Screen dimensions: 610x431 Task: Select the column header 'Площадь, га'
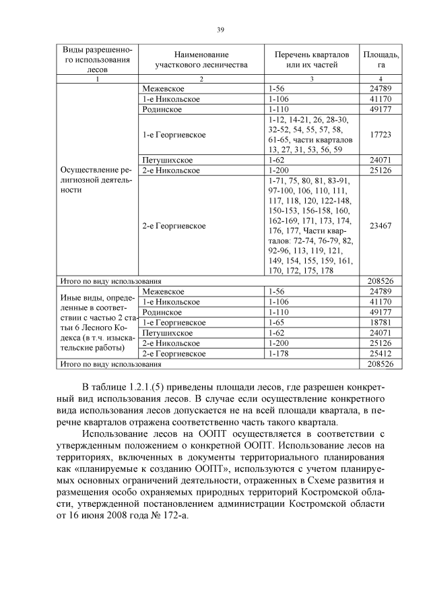click(380, 59)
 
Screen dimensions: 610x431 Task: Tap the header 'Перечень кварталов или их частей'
click(311, 59)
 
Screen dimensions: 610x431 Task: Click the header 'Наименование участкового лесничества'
click(201, 59)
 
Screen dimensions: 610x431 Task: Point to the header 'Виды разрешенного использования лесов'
click(97, 59)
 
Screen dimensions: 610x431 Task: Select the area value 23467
click(380, 226)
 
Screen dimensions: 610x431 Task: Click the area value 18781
click(380, 322)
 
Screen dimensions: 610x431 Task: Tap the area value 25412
click(380, 353)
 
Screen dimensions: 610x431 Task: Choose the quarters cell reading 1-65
click(278, 322)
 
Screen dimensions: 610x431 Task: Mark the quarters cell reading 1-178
click(280, 353)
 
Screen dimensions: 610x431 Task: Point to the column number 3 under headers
click(311, 80)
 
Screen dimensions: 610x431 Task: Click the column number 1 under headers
click(97, 80)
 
